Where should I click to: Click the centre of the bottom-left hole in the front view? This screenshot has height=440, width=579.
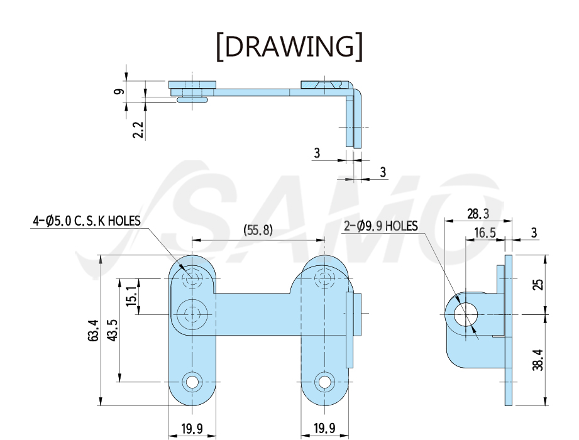pos(192,382)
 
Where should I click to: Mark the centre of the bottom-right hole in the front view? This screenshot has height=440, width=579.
pos(324,382)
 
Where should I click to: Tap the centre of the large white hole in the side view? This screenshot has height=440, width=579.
pos(466,315)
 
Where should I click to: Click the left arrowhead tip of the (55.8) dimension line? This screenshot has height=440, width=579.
pos(192,240)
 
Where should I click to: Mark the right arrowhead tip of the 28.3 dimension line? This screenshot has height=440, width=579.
pos(512,221)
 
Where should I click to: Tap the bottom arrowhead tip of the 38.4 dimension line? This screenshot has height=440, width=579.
pos(546,405)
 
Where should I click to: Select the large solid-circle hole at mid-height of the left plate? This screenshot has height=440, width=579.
pos(192,314)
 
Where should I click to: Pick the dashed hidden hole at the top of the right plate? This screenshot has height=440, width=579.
pos(324,278)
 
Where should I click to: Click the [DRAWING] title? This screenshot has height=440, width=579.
pos(289,47)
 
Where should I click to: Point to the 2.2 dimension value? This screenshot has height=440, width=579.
pos(138,129)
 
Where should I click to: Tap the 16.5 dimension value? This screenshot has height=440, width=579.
pos(485,233)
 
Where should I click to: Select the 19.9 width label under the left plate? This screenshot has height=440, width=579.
pos(192,429)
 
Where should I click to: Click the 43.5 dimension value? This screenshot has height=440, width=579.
pos(113,330)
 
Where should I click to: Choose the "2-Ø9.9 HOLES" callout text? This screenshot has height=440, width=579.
pos(381,226)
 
